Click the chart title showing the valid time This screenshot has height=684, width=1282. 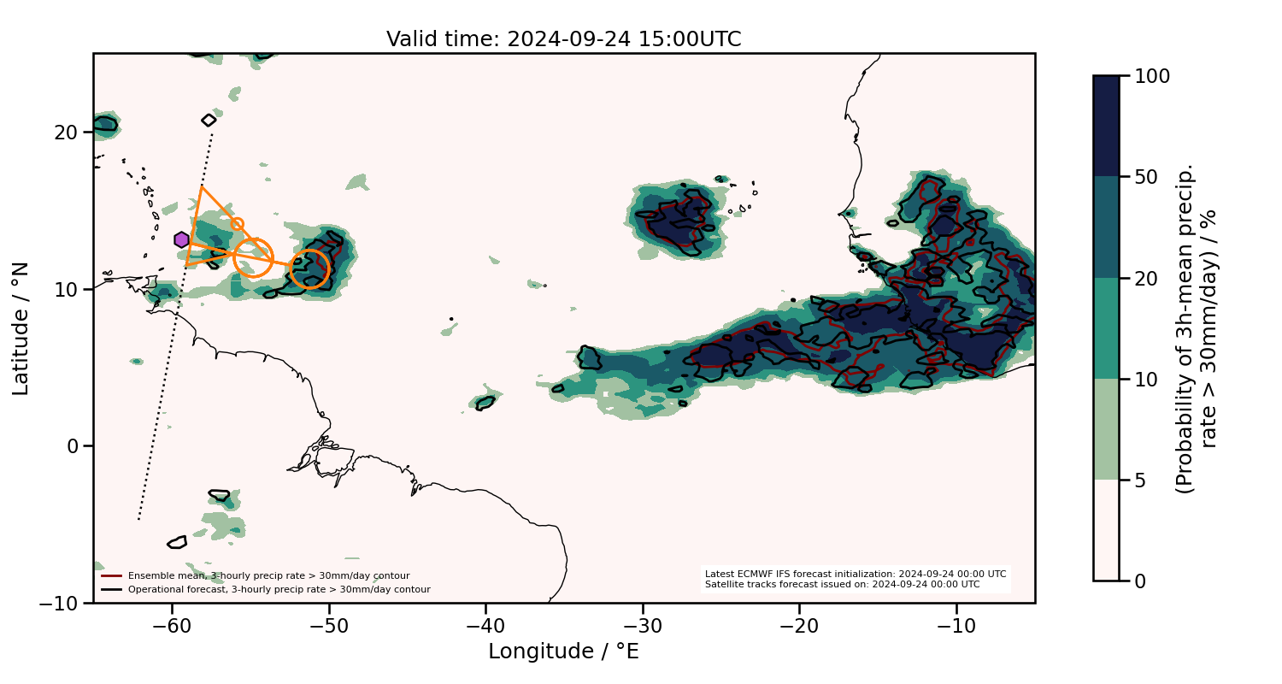pos(563,39)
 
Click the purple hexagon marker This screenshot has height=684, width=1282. pos(181,239)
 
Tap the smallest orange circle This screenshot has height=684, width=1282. pos(237,224)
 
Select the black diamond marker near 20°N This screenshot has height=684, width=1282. pos(209,121)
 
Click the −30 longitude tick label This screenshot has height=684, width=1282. pos(643,625)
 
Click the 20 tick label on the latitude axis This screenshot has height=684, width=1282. pos(68,133)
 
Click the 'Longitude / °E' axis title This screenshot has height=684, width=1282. pos(563,652)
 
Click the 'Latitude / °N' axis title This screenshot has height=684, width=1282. pos(21,328)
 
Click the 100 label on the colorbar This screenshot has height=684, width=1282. pos(1155,76)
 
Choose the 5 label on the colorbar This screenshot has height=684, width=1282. pos(1144,481)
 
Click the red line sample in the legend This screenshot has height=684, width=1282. pos(112,575)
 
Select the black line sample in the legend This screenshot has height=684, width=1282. pos(112,589)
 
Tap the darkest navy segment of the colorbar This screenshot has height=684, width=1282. pos(1106,126)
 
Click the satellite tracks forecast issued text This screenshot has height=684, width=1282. pos(842,585)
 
